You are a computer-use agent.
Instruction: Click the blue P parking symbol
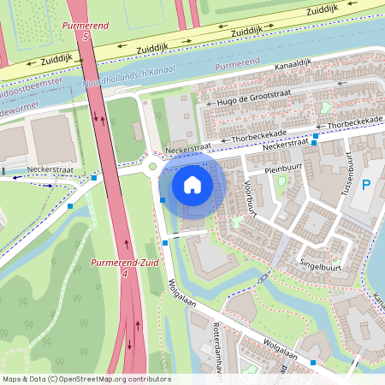coord(367,185)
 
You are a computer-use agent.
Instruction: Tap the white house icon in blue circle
coord(192,184)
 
